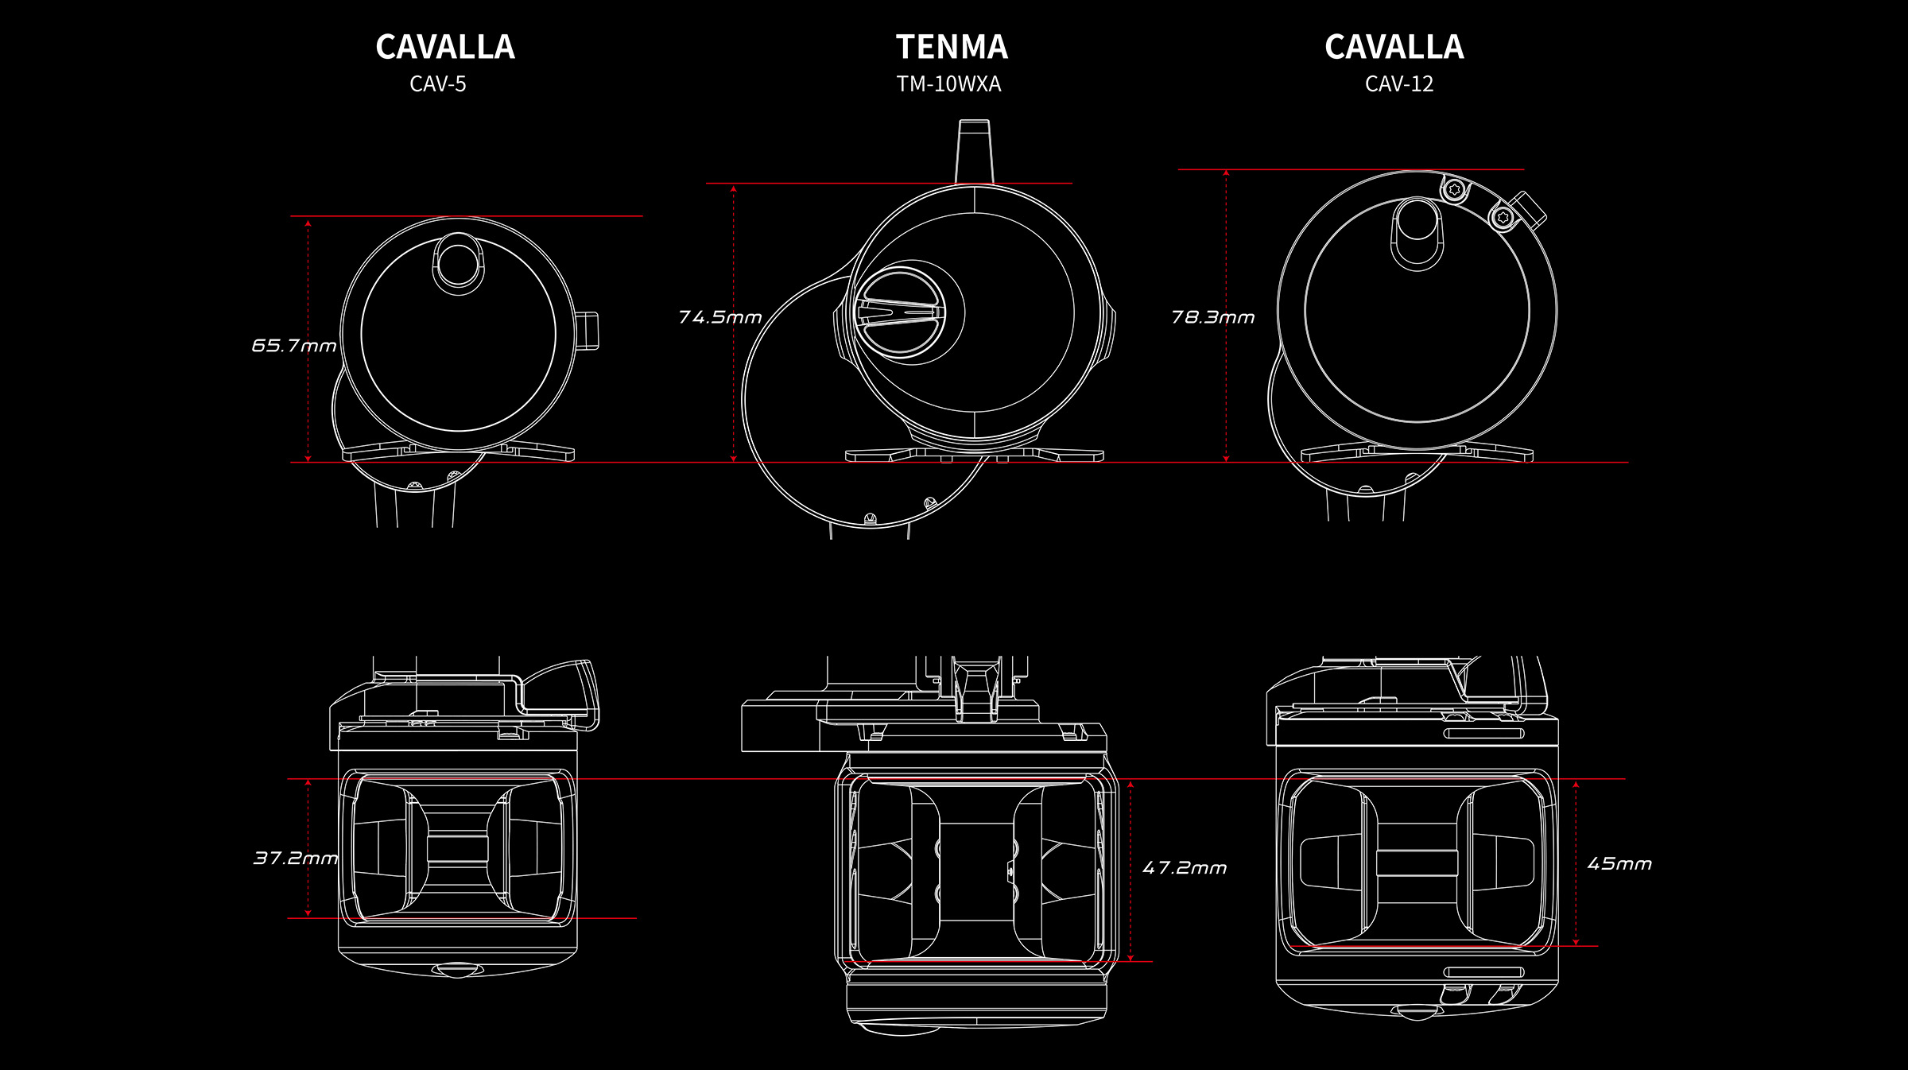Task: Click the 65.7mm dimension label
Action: pos(294,346)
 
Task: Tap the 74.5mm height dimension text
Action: pos(720,318)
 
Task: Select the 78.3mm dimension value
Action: pos(1213,318)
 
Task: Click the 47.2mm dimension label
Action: pos(1185,868)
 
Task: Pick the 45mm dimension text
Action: pos(1619,864)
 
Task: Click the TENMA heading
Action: pos(952,48)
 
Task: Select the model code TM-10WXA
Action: pos(948,84)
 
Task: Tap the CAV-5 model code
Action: pos(438,84)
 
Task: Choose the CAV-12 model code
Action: pos(1399,84)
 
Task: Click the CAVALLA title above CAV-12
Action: pos(1394,48)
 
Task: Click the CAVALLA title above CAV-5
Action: pos(445,48)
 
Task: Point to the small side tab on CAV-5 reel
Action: pos(588,331)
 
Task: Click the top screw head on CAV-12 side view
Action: pos(1456,189)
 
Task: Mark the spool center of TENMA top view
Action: pos(976,872)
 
